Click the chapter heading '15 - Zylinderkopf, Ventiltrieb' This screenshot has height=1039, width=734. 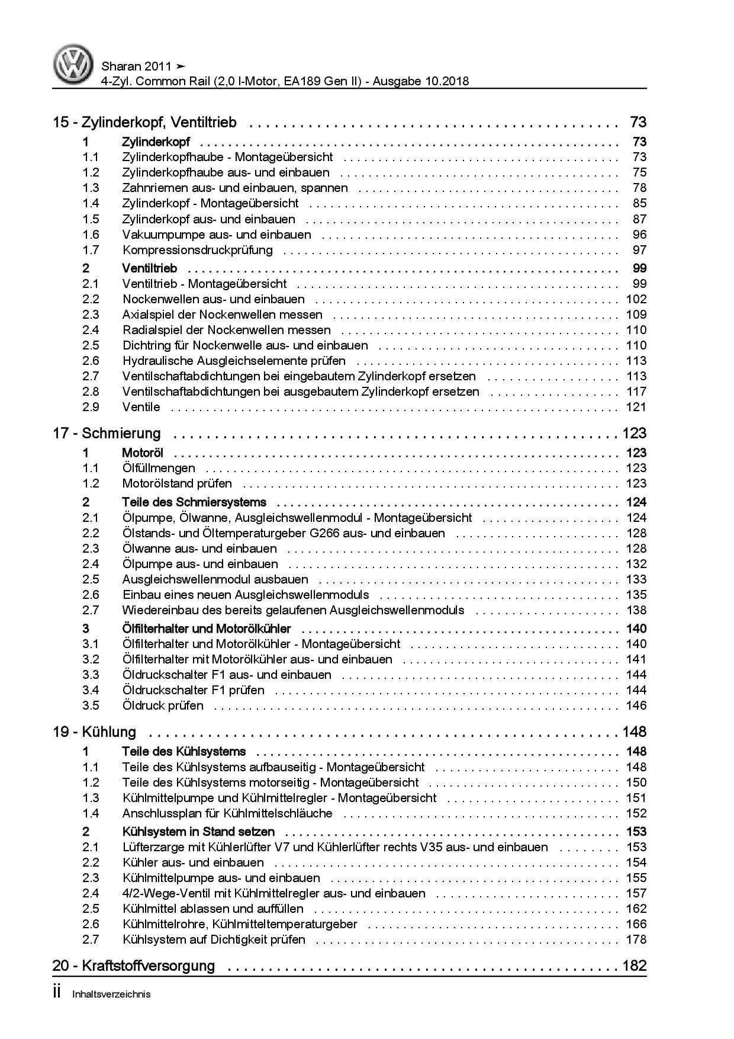(144, 123)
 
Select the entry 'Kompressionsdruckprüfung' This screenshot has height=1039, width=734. (197, 250)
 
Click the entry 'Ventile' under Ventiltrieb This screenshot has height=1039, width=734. (141, 407)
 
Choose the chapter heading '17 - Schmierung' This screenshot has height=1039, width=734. (107, 434)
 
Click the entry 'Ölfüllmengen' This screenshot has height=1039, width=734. (158, 469)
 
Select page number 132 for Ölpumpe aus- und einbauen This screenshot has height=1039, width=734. (636, 564)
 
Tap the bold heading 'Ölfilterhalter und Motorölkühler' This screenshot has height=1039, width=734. (206, 628)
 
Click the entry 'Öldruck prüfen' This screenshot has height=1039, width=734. (163, 706)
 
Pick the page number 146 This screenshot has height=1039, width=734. (636, 706)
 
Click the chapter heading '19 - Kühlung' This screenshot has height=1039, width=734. (94, 732)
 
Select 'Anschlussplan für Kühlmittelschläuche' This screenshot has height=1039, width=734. (227, 813)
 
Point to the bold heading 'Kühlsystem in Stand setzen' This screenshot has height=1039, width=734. (198, 832)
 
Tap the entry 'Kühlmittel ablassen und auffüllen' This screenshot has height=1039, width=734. (213, 909)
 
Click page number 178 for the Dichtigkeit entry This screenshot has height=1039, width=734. (636, 939)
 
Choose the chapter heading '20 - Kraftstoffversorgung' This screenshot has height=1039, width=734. (134, 966)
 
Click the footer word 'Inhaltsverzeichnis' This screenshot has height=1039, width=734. (111, 995)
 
